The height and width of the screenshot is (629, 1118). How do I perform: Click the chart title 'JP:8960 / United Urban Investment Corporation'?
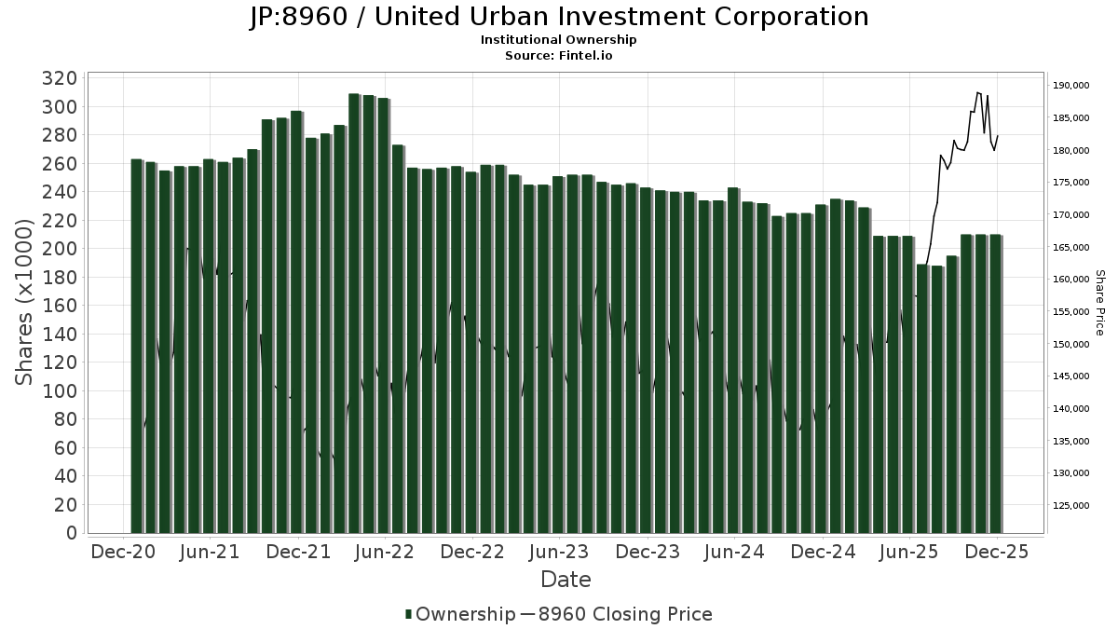coord(559,17)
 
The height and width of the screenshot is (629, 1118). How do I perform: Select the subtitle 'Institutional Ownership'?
coord(559,40)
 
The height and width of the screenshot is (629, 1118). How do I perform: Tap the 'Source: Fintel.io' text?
coord(559,55)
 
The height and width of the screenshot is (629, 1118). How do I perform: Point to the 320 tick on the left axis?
coord(61,78)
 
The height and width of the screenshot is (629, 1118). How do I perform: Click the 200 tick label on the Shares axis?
coord(61,249)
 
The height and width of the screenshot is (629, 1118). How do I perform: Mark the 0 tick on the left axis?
coord(72,533)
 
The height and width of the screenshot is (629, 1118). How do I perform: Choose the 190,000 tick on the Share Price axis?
coord(1070,86)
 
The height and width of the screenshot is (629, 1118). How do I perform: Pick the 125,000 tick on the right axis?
coord(1070,506)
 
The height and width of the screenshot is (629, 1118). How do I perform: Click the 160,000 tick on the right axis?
coord(1070,280)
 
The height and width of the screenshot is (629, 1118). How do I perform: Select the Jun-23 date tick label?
coord(559,552)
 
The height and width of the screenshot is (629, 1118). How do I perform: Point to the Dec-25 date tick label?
coord(997,552)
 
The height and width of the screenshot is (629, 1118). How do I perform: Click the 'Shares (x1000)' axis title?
coord(25,301)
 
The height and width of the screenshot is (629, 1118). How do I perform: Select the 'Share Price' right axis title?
coord(1099,302)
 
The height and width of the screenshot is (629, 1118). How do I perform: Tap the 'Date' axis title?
coord(566,580)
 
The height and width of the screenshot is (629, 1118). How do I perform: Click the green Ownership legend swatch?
coord(408,614)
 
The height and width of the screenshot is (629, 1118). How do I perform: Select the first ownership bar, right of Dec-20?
coord(136,346)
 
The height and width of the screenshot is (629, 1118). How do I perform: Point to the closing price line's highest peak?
coord(977,92)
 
